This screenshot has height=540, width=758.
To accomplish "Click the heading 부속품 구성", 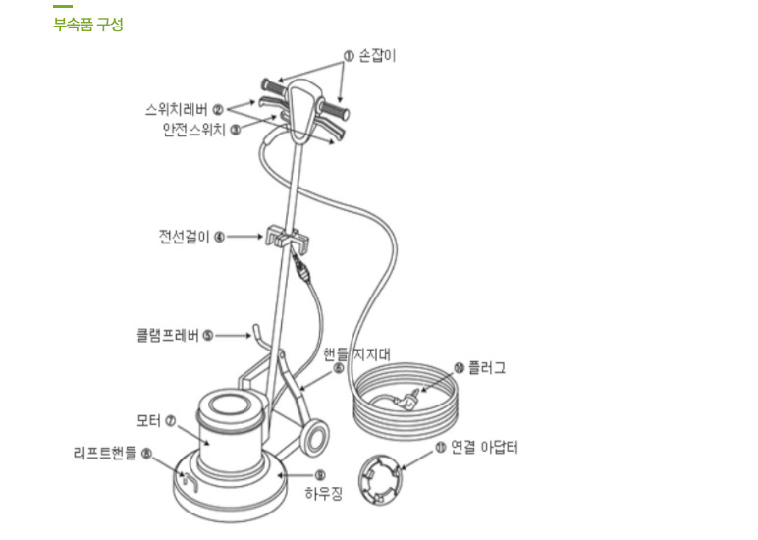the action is (x=88, y=25).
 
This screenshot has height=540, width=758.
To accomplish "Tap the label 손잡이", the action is (x=377, y=56).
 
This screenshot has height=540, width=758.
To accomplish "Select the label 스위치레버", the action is (x=177, y=109).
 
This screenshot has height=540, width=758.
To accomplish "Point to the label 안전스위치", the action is (x=194, y=130).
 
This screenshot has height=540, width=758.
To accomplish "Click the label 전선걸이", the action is (x=185, y=237).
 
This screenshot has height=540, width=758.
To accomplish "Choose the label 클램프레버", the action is (x=168, y=335).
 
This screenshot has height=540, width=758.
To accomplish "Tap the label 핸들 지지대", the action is (x=356, y=354).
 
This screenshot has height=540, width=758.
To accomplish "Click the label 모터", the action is (x=148, y=420).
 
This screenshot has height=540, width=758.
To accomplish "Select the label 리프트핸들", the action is (x=105, y=453).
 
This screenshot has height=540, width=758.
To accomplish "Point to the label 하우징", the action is (x=323, y=493).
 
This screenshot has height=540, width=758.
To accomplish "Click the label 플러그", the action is (x=487, y=368).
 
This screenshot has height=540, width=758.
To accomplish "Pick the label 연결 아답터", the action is (x=484, y=447).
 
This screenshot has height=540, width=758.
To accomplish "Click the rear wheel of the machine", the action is (x=313, y=438).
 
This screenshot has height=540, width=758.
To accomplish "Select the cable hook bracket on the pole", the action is (x=287, y=239).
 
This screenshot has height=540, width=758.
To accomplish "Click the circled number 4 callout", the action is (x=219, y=237).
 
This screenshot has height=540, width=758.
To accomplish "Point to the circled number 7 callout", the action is (x=170, y=421).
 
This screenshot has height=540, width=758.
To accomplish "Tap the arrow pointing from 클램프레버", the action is (x=233, y=335).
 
